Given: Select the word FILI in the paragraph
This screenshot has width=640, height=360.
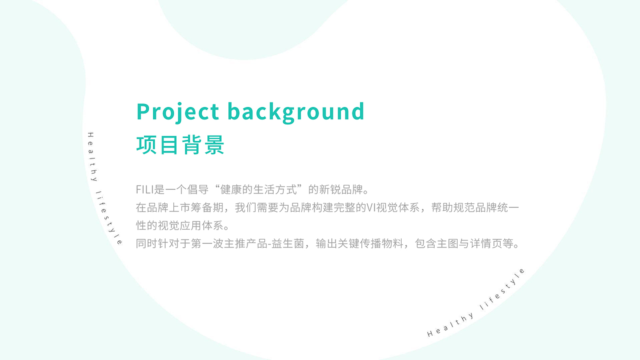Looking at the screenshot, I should pos(145,190).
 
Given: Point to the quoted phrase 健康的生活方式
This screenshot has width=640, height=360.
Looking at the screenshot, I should pos(259,190).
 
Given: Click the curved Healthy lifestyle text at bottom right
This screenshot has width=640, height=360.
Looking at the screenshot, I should pos(477,303).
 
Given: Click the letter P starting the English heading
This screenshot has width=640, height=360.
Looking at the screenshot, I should pos(143,111).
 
